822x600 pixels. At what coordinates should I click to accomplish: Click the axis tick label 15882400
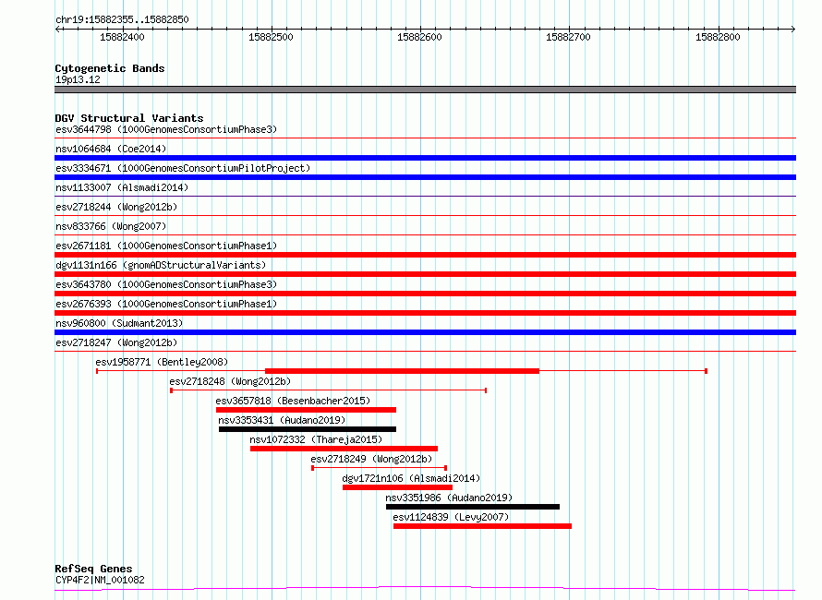point(122,37)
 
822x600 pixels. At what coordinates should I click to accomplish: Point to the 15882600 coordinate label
point(419,37)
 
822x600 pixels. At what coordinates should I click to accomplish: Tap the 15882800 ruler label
point(718,37)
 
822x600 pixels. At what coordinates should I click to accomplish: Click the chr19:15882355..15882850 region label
point(122,19)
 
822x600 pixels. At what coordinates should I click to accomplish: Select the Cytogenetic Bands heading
point(110,68)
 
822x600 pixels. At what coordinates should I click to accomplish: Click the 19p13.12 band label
point(78,79)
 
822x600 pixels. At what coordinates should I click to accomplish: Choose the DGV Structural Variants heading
point(129,118)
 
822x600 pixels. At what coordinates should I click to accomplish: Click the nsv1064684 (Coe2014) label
point(111,149)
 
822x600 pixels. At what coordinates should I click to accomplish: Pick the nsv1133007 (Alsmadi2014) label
point(122,187)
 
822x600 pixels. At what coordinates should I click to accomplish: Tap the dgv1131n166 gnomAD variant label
point(161,265)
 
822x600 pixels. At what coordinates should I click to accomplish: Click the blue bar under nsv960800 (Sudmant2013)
point(425,332)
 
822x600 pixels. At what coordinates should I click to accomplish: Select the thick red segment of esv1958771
point(402,371)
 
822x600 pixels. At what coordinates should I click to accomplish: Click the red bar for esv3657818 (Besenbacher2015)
point(306,410)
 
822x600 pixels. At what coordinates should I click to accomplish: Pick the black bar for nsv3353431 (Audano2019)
point(308,429)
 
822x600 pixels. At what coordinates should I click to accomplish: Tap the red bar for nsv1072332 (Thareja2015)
point(344,449)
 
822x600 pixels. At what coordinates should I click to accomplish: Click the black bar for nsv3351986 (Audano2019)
point(473,507)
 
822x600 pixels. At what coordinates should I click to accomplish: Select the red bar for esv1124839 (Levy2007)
point(482,526)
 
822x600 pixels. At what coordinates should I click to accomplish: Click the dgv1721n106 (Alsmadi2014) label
point(411,478)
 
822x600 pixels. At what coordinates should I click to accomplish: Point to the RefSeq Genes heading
point(93,569)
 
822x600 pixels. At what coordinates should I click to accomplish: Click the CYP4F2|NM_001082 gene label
point(100,580)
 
